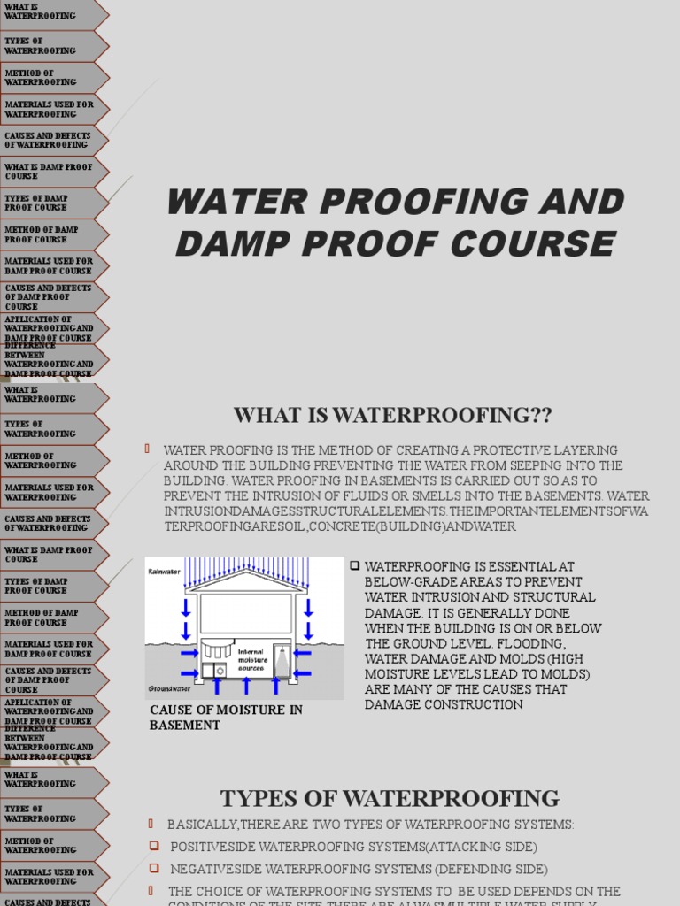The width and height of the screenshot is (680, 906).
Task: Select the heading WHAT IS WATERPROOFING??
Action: click(x=392, y=414)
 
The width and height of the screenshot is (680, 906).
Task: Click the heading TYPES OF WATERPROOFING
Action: click(x=390, y=798)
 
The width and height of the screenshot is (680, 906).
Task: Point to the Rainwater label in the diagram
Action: click(x=165, y=572)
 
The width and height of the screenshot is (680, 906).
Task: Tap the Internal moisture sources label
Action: click(x=251, y=659)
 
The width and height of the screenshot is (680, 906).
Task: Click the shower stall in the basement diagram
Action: click(x=282, y=660)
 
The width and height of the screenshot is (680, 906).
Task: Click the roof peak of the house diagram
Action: click(x=245, y=572)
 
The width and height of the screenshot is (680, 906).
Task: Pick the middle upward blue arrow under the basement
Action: click(x=244, y=688)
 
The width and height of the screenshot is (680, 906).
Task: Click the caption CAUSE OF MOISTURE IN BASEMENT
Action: click(x=226, y=717)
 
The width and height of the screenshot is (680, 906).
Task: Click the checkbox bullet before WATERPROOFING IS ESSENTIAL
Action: click(x=354, y=565)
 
